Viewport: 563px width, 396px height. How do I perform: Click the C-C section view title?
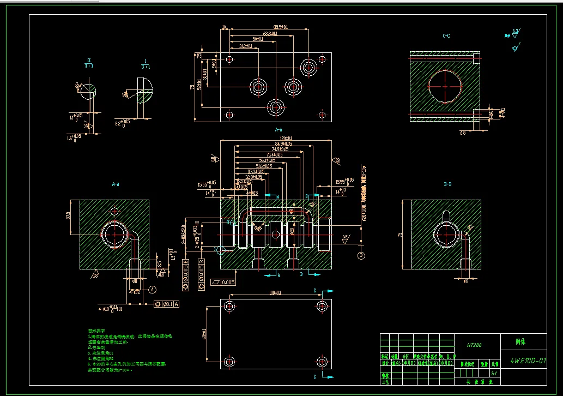point(446,36)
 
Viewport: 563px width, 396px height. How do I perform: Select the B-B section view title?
point(447,185)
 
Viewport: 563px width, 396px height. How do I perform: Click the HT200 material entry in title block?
point(471,345)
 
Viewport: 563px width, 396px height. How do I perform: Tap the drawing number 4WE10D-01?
point(528,361)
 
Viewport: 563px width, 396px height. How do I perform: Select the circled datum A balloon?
point(152,289)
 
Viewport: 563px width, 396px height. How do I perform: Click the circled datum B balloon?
point(360,255)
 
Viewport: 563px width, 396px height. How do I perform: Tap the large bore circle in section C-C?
point(445,86)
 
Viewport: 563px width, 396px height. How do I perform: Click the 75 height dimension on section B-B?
point(401,235)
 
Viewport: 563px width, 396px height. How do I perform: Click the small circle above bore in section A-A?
point(114,211)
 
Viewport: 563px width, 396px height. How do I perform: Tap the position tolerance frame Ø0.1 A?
point(167,304)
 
